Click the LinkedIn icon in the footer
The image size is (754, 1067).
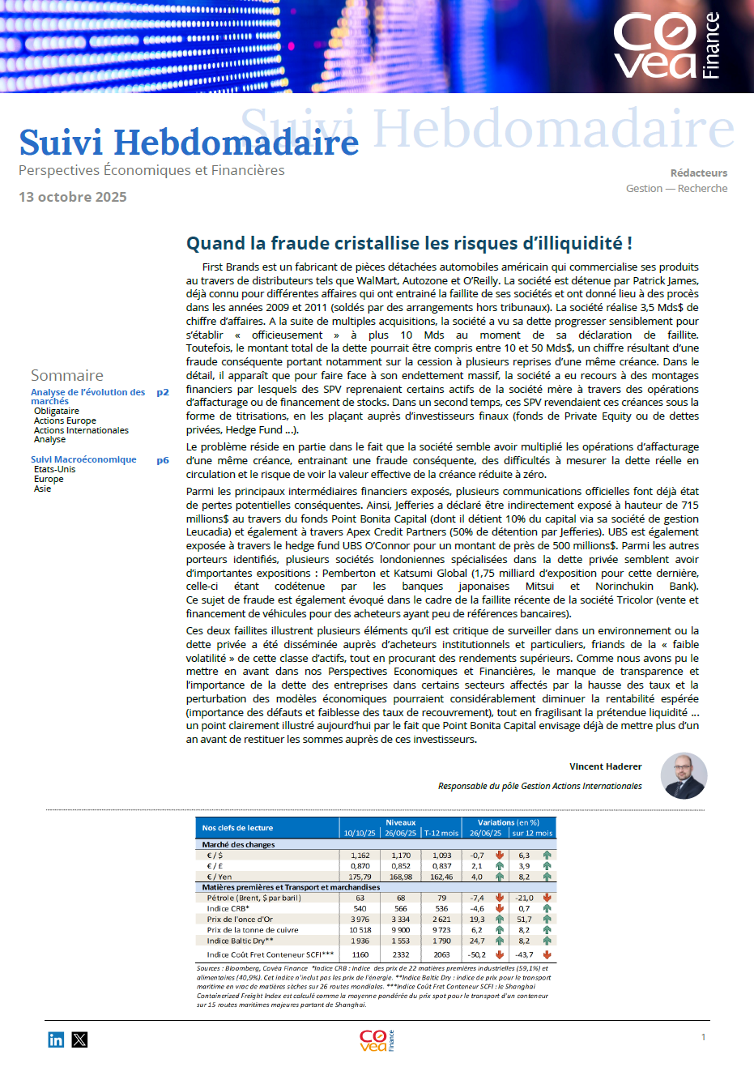[56, 1039]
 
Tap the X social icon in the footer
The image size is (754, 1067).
[79, 1039]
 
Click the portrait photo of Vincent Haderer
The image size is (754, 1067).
[684, 775]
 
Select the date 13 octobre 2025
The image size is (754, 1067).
[73, 197]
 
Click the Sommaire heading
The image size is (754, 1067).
[67, 375]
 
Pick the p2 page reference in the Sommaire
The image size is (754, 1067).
[163, 392]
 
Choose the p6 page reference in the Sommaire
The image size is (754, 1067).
[163, 460]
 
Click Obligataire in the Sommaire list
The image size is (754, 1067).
[57, 411]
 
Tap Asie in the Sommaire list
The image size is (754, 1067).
[42, 489]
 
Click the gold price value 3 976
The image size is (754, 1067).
[360, 920]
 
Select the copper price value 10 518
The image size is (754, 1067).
[360, 930]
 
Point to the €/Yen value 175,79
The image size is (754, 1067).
[360, 877]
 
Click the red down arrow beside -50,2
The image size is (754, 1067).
[500, 954]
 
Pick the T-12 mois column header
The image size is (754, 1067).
[441, 833]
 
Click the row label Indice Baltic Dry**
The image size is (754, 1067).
[240, 941]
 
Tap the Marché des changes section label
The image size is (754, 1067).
[238, 844]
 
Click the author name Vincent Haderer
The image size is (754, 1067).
[605, 766]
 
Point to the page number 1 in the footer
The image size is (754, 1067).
[703, 1037]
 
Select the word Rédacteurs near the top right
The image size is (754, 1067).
[698, 173]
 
